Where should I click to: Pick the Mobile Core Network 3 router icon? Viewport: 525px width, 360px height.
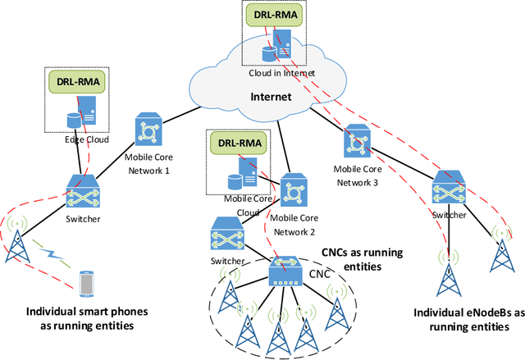(x=358, y=141)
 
